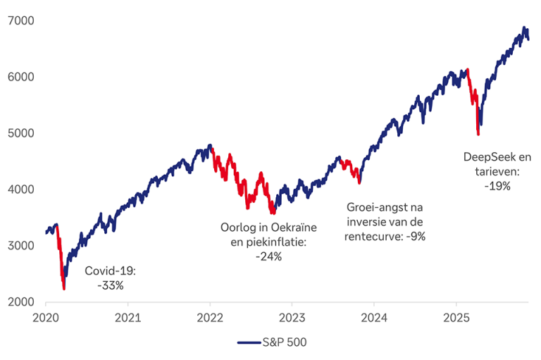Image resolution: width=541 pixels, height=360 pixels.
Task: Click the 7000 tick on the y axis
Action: [x=18, y=20]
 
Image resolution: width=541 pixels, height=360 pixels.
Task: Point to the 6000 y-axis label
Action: [x=18, y=77]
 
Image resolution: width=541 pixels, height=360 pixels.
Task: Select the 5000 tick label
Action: [x=18, y=133]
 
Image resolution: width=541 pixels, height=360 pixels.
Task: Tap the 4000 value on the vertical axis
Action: [x=18, y=190]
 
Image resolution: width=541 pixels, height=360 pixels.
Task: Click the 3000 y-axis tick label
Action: [x=18, y=246]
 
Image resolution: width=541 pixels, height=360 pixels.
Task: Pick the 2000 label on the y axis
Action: [x=18, y=302]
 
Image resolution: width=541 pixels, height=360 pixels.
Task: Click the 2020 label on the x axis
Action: [x=46, y=317]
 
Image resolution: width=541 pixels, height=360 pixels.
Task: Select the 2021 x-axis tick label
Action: [x=128, y=317]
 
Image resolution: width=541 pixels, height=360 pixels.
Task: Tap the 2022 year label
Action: [x=210, y=317]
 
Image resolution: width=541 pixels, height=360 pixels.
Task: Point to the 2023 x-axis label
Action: [x=292, y=317]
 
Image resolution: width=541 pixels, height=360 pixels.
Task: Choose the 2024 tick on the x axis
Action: [x=374, y=317]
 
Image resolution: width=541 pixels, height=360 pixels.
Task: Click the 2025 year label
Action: [x=456, y=317]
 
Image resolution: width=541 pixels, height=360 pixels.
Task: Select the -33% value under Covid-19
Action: [x=111, y=285]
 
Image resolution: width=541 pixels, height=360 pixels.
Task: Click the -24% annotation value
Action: [x=268, y=256]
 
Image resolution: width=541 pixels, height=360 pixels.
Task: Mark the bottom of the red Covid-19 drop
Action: [x=64, y=289]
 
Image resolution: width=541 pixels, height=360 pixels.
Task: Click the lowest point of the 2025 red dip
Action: [x=478, y=134]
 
